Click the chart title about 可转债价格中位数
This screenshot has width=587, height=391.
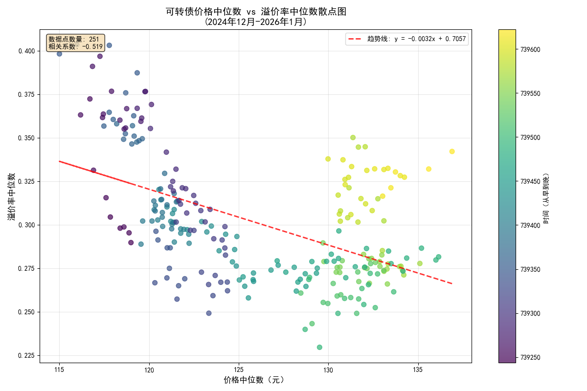pos(256,12)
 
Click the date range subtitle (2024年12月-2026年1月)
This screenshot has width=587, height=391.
pos(256,22)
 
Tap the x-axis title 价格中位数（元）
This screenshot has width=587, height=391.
pos(254,380)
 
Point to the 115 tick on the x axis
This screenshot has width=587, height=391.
pos(60,370)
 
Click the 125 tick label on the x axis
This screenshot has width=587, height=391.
pos(239,370)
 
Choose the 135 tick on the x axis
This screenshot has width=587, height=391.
pos(418,370)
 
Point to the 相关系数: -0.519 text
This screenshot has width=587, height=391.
pos(75,46)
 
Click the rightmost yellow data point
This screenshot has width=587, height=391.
pos(452,152)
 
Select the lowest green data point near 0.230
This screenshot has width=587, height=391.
pos(319,347)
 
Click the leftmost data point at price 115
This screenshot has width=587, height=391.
pos(59,54)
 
